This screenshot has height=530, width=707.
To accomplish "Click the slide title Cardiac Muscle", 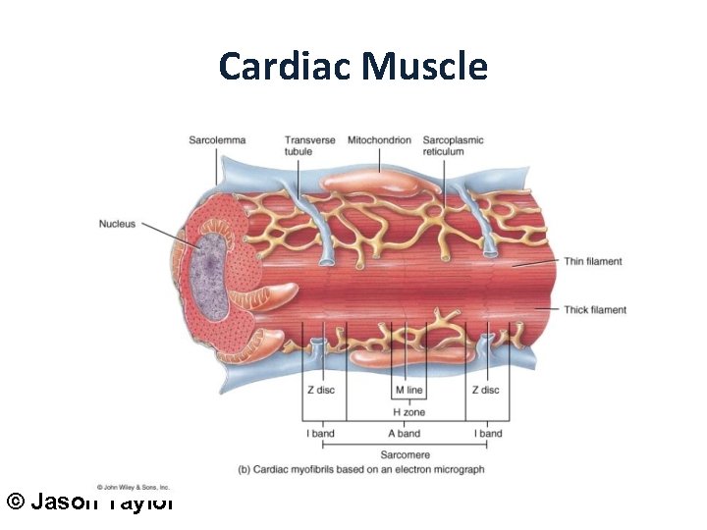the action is click(x=353, y=67).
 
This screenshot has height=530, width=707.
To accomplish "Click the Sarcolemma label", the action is click(x=217, y=140).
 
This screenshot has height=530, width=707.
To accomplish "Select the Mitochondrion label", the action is click(x=379, y=140).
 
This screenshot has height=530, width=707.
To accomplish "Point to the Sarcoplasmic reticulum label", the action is click(x=453, y=145).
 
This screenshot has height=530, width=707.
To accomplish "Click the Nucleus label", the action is click(x=117, y=224).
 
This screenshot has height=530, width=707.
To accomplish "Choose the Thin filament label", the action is click(x=593, y=261).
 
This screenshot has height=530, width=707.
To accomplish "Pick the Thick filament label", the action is click(x=595, y=310).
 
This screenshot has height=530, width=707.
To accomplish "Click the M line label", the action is click(x=408, y=390).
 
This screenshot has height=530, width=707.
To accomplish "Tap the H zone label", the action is click(x=408, y=412).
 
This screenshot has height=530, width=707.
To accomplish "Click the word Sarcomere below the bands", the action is click(x=405, y=454).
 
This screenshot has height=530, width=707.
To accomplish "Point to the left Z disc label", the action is click(x=319, y=390).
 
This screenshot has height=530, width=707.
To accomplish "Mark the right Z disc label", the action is click(x=485, y=390).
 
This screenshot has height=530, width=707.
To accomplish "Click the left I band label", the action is click(x=319, y=433).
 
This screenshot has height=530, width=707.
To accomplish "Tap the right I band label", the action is click(x=488, y=433).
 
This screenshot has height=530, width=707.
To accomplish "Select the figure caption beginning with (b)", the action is click(x=360, y=469).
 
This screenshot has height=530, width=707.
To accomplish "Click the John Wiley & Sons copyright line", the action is click(x=134, y=487).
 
